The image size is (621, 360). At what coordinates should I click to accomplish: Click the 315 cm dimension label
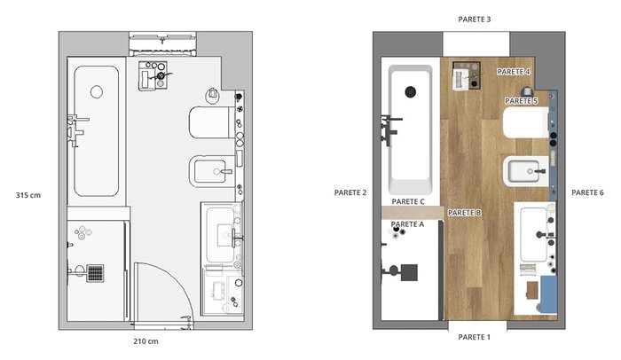(28, 195)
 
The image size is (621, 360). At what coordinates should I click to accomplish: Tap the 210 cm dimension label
(145, 341)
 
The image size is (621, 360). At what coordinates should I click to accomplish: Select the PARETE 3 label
(474, 19)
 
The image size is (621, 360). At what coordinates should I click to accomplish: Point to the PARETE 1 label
(474, 337)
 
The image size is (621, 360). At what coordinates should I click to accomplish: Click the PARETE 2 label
(350, 193)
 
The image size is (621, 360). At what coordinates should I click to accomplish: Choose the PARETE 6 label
(587, 192)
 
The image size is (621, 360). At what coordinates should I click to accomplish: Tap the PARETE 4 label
(514, 72)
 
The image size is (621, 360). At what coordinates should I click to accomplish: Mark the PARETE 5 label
(522, 101)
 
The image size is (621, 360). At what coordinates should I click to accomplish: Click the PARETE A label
(407, 224)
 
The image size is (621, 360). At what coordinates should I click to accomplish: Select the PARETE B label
(464, 213)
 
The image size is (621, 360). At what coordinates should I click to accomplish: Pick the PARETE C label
(408, 201)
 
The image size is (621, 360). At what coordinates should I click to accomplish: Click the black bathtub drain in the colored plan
(411, 92)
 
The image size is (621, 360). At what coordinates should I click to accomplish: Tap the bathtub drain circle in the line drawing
(97, 92)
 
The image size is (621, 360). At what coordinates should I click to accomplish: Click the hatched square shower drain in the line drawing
(95, 273)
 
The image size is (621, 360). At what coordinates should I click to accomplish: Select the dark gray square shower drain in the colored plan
(409, 272)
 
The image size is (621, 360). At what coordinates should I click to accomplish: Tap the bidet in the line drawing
(212, 171)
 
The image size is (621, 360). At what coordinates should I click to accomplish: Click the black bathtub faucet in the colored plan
(390, 128)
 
